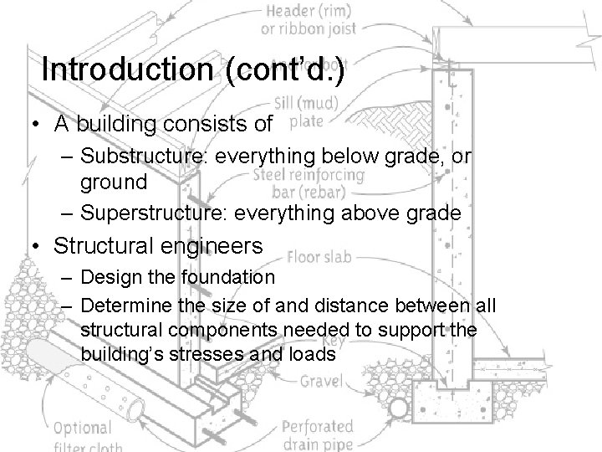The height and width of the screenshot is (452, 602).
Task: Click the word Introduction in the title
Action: [x=128, y=68]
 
